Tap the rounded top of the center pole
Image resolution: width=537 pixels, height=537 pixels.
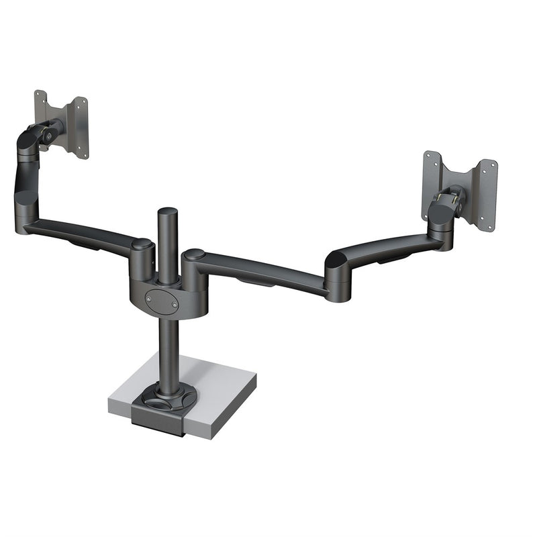point(166,213)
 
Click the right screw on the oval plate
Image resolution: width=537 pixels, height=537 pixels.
point(175,304)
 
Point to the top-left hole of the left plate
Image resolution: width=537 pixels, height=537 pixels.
point(39,94)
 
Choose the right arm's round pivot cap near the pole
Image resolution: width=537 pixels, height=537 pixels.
point(194,255)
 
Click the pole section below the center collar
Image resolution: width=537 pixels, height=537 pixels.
point(165,349)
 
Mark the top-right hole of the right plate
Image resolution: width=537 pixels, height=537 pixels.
point(493,164)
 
